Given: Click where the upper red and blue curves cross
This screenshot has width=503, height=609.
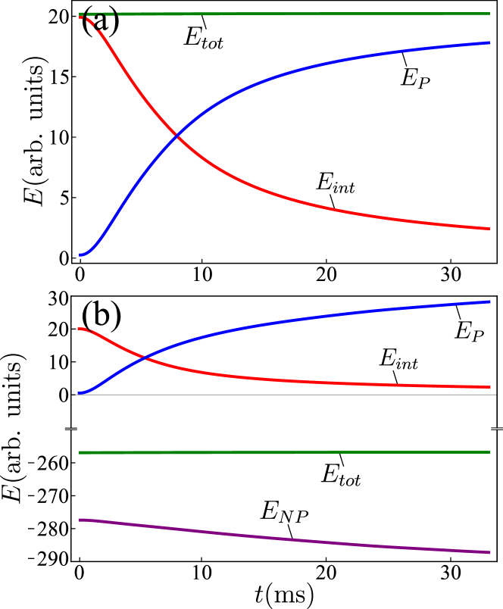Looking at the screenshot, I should coord(177,136).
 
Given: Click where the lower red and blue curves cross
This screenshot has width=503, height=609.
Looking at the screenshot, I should coord(145,356).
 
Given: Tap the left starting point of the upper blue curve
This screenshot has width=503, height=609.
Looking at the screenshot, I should coord(80,255).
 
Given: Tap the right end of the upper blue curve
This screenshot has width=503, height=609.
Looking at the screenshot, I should coord(490,42).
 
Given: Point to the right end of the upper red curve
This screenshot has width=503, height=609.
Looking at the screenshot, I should coord(490,228).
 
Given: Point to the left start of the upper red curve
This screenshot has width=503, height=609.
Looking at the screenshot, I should coord(80,17).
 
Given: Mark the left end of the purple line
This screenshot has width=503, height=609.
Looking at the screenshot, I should coord(79,520).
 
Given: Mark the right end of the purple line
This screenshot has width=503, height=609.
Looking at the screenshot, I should coord(490,552).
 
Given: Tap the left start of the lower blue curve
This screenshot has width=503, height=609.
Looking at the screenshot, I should coord(79,394).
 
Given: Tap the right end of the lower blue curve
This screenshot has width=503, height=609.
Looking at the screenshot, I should coord(490,301).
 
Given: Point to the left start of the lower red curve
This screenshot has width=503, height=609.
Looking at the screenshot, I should coord(79,329).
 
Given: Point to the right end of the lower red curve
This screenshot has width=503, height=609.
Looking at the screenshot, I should coord(490,387).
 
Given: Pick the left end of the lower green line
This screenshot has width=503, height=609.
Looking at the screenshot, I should coord(79,452).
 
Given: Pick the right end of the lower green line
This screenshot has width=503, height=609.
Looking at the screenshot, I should coord(490,452).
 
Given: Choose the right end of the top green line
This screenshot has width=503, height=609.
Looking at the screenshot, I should coord(490,14).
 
